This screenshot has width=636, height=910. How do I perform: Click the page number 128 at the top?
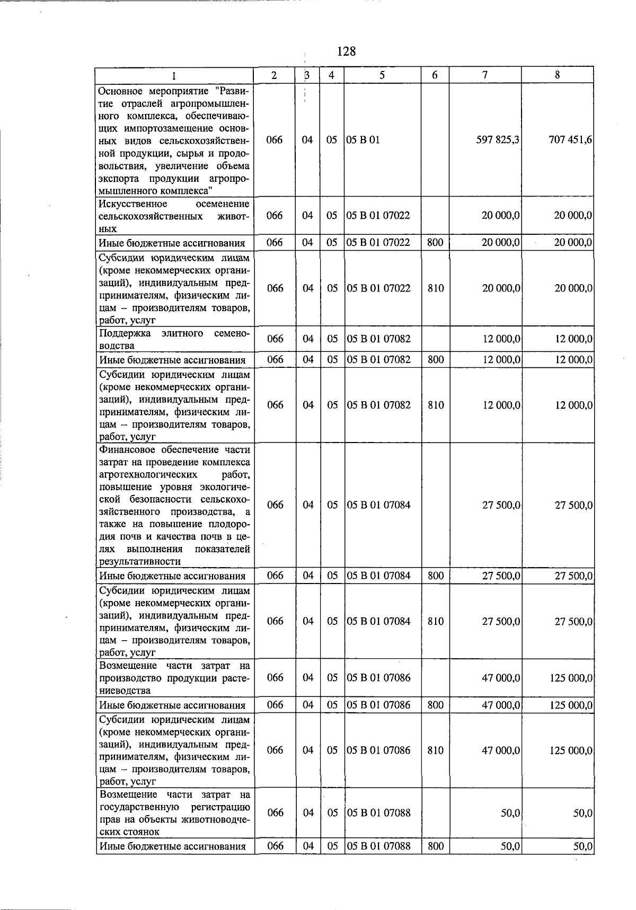[346, 51]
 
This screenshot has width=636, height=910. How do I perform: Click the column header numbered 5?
[382, 75]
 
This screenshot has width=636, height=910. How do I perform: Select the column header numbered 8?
[557, 75]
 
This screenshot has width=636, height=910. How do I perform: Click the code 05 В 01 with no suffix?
[363, 140]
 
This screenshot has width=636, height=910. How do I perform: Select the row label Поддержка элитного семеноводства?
[174, 339]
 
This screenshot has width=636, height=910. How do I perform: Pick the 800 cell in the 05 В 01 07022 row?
[435, 243]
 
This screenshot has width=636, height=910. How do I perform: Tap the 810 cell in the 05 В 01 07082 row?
[435, 405]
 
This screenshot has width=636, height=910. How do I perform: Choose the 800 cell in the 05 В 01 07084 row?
[435, 576]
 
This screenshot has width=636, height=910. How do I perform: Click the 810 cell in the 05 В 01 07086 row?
[435, 750]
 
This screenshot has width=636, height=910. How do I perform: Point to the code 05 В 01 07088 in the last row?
[378, 846]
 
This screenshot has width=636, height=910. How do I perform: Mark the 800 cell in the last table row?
[435, 846]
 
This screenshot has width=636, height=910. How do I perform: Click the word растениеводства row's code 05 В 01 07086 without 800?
[378, 678]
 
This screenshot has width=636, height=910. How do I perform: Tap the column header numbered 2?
[274, 75]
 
